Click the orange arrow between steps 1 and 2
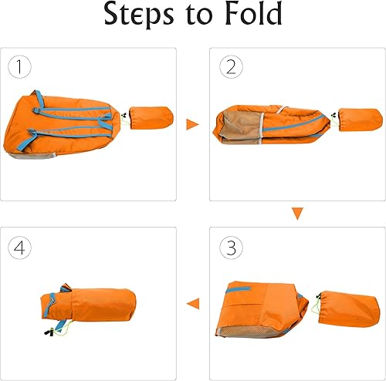pos(192,123)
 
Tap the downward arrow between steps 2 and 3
pos(296,214)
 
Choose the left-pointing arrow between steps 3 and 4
pos(193,303)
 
